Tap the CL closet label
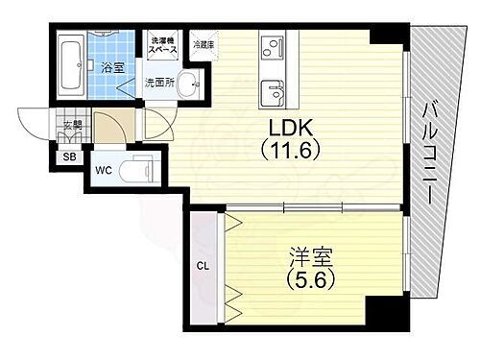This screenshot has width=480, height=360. pos(204,266)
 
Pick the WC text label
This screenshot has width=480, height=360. pos(103,172)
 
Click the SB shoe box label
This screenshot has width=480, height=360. pos(69,158)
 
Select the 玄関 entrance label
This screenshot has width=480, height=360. pos(72,124)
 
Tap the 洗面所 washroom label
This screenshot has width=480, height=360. pos(158,83)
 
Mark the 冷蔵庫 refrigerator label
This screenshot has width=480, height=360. pos(204,44)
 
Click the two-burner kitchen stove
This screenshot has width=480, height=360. pos(274,49)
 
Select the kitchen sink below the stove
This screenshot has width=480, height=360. pos(274,94)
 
